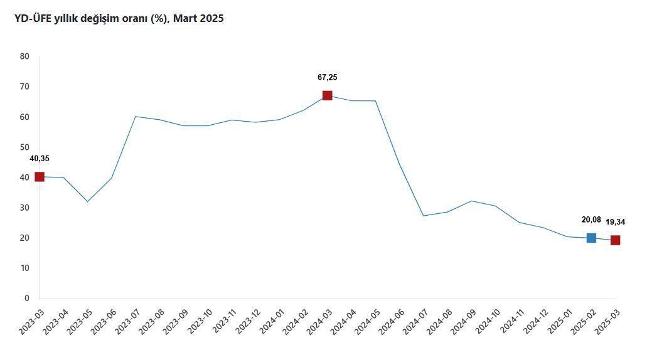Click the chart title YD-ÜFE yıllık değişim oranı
point(119,19)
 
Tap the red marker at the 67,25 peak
point(327,95)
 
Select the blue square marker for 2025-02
point(591,238)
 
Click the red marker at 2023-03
point(40,177)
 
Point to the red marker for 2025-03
point(615,240)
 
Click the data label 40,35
point(39,159)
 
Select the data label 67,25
point(327,78)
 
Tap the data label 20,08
point(591,220)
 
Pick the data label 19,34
point(615,222)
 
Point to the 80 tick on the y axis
point(24,56)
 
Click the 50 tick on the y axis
point(24,147)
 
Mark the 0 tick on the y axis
point(26,299)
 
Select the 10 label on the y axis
point(24,268)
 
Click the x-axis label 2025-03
point(607,321)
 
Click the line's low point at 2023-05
point(87,201)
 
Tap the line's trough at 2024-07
point(423,216)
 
